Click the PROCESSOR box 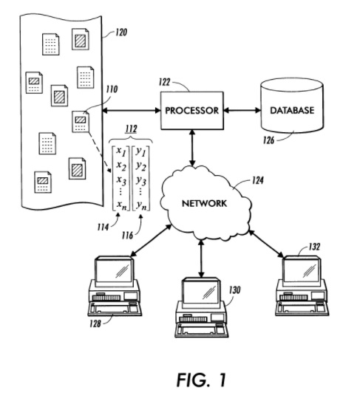191,111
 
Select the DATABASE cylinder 291,111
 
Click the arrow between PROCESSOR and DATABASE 242,111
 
